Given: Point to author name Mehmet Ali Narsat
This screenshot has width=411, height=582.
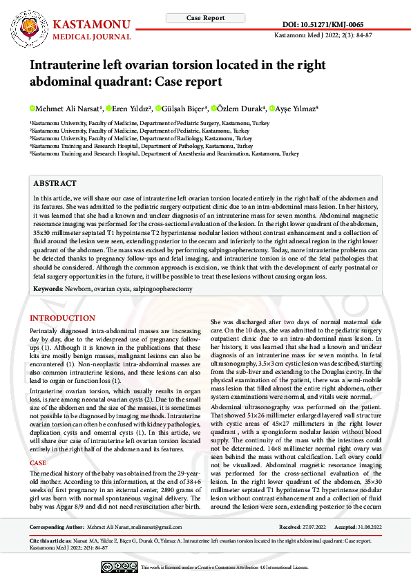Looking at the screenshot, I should (68, 109).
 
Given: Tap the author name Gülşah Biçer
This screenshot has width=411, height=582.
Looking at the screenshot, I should (183, 109).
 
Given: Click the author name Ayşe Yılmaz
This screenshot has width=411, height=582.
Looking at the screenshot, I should (296, 109).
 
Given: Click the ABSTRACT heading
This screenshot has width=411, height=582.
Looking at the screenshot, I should (55, 183).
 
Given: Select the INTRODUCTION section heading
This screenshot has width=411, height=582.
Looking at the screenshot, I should (62, 318).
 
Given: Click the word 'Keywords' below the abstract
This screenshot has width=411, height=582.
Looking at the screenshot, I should (47, 288).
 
